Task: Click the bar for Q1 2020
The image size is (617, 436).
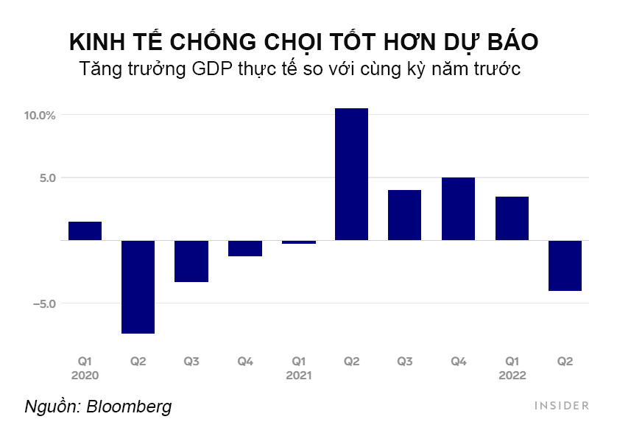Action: (x=85, y=231)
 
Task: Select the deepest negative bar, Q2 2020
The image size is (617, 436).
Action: (x=138, y=286)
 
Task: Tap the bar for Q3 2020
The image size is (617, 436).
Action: (x=191, y=261)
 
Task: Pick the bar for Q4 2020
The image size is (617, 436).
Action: (x=245, y=248)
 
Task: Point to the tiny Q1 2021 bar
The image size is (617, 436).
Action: (x=298, y=242)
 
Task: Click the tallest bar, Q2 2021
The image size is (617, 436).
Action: (x=351, y=174)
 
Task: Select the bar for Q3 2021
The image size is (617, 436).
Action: (x=405, y=215)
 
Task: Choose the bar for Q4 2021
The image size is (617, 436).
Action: (x=458, y=208)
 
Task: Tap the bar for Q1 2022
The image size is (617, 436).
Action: (x=512, y=218)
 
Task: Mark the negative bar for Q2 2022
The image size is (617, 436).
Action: (x=565, y=265)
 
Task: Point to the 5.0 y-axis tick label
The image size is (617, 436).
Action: (x=46, y=177)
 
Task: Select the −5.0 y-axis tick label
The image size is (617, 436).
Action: (x=43, y=303)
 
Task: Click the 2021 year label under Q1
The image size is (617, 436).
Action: (x=298, y=375)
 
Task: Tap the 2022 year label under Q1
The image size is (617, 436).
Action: (x=512, y=375)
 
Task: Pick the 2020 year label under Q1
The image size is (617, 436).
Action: (x=85, y=375)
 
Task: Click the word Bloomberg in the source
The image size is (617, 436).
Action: (x=129, y=406)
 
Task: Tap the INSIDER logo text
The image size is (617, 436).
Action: (x=561, y=405)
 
